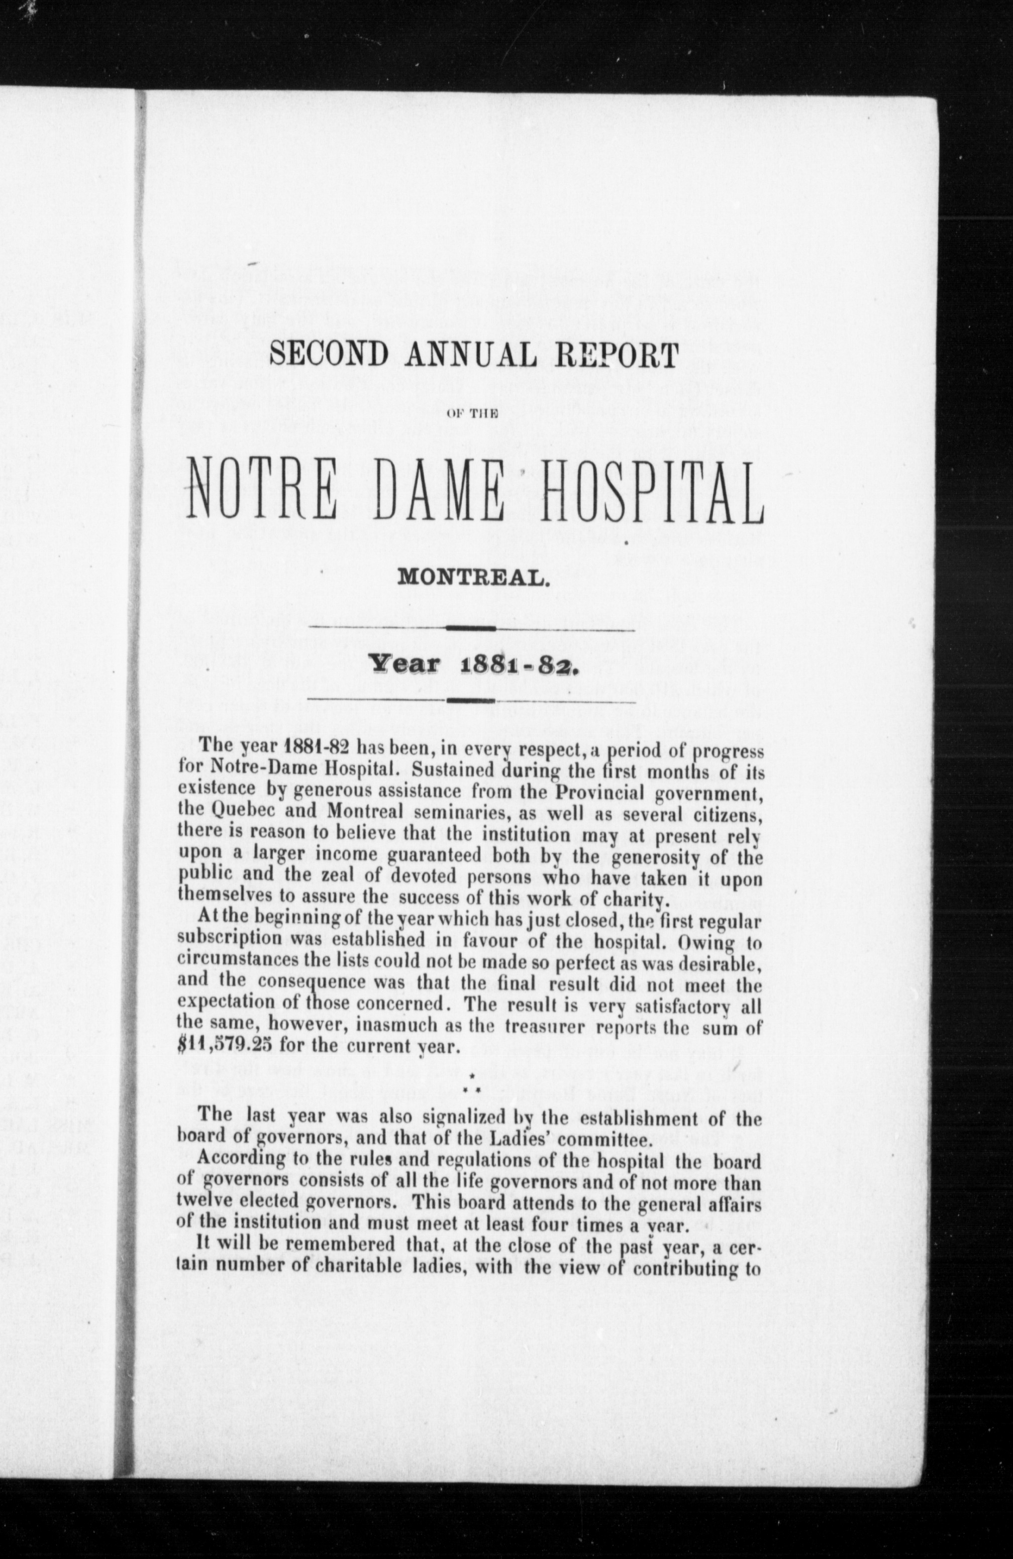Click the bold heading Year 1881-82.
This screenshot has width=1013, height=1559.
[x=472, y=665]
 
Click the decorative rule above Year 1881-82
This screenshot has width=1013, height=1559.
[x=472, y=629]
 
